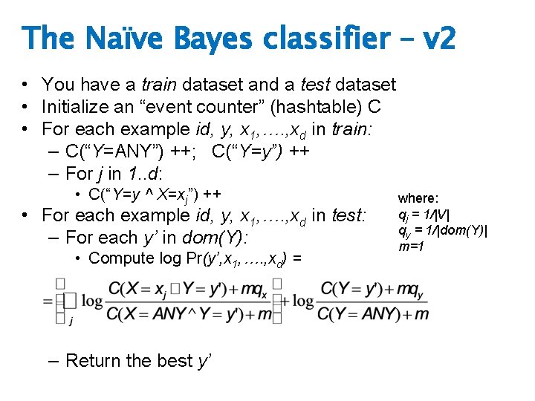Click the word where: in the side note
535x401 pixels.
coord(418,198)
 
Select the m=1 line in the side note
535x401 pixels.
coord(412,246)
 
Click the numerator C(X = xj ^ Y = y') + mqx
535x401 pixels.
coord(189,288)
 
